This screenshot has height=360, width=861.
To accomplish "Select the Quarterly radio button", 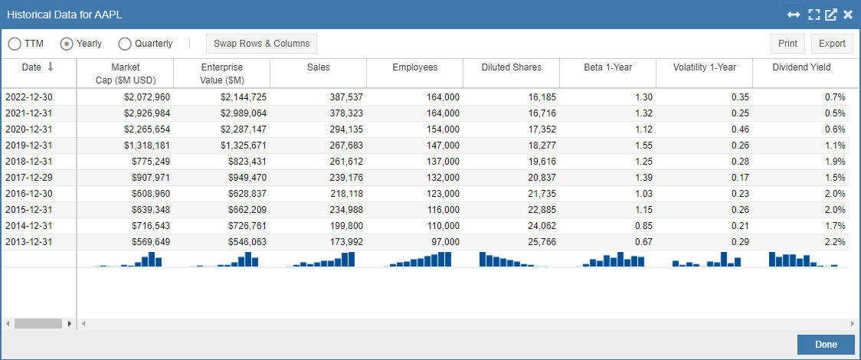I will tap(125, 44).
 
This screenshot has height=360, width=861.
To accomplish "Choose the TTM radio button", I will tap(15, 44).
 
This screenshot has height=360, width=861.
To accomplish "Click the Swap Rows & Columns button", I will tap(261, 44).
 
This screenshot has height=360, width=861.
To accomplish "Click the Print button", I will tap(787, 44).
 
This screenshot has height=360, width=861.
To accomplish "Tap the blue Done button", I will tap(825, 345).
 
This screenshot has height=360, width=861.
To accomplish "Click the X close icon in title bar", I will tap(848, 15).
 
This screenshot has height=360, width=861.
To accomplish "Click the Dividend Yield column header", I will tap(800, 67).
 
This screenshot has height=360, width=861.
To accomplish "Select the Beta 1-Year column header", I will tap(607, 67).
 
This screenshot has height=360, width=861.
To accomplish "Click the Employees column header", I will tap(414, 67).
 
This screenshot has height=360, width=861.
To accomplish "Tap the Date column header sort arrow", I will tap(51, 67).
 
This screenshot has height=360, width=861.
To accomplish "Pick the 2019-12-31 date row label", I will tap(30, 146).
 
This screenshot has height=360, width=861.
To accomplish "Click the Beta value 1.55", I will tap(643, 146).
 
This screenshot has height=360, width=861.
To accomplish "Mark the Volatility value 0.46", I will tap(740, 129).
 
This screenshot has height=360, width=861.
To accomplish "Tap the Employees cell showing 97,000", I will tap(443, 242).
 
